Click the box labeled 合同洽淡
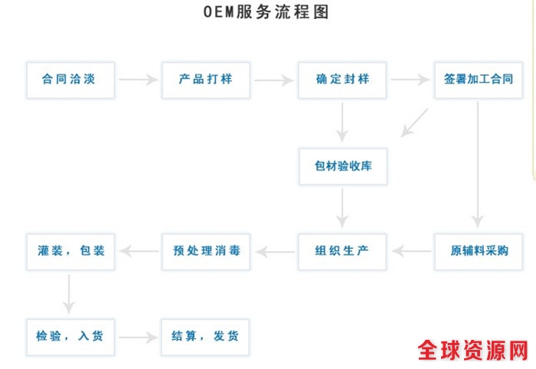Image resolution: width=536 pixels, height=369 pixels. pos(70,79)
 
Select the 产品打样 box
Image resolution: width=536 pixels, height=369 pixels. pos(206,79)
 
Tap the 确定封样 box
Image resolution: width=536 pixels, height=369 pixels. pos(342,79)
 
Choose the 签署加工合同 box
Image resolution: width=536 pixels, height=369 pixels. pos(479,79)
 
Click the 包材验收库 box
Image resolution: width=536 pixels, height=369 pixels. pos(342,165)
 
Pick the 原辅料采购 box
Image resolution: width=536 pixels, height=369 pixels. pos(479,251)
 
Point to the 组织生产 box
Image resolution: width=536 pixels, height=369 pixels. pos(342,251)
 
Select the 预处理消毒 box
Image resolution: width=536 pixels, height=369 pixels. pos(206,251)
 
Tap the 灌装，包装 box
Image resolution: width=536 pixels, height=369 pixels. pos(70,251)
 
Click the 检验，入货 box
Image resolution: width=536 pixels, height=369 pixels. pos(70,336)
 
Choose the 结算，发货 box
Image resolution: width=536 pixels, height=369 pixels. pos(206,336)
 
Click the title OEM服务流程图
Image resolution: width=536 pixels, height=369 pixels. pos(267,13)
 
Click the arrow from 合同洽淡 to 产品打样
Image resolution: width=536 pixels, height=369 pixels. pos(138,79)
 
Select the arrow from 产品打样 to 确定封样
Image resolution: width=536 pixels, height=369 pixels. pos(274,79)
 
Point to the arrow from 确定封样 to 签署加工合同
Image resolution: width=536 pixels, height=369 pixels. pos(410,79)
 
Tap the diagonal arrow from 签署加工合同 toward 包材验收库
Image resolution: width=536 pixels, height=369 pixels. pos(415,122)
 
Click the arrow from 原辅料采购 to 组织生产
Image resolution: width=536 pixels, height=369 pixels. pos(410,251)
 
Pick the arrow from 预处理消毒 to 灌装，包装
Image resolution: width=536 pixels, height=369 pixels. pos(138,251)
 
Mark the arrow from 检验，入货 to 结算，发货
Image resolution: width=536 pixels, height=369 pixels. pos(138,336)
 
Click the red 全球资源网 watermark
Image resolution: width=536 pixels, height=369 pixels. pos(472,351)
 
